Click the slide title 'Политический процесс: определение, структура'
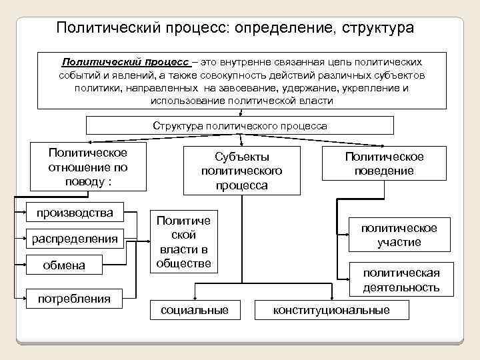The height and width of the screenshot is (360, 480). [235, 28]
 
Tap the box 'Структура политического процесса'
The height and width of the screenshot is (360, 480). [240, 125]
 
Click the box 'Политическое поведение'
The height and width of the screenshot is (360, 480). [384, 163]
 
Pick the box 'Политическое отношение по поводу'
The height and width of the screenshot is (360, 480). [79, 167]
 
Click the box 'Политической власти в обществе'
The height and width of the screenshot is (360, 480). [183, 241]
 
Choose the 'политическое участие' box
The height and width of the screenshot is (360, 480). [399, 235]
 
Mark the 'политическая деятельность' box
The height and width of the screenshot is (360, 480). [401, 280]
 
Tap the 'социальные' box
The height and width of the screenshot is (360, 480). [195, 310]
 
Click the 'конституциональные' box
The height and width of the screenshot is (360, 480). [331, 310]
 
